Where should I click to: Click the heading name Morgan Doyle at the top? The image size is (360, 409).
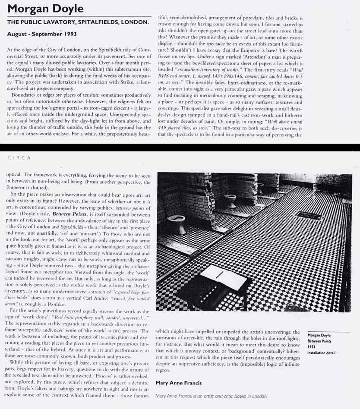click(x=46, y=9)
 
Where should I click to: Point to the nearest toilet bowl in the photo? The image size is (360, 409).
click(x=176, y=223)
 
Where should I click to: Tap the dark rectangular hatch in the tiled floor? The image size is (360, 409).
click(x=309, y=215)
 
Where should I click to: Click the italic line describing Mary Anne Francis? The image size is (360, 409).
click(x=211, y=396)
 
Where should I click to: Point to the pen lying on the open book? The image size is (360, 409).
click(x=219, y=274)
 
